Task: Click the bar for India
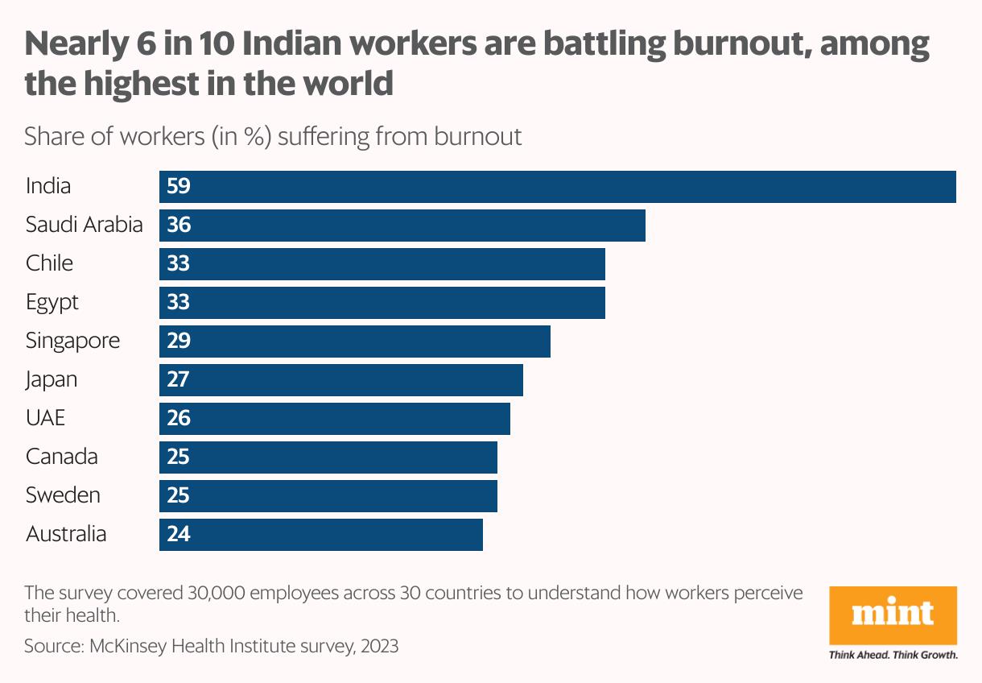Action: [557, 187]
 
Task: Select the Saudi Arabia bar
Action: [402, 226]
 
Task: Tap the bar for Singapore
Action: [355, 341]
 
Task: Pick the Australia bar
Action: [321, 534]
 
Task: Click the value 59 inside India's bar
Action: [178, 187]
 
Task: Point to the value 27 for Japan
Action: [178, 379]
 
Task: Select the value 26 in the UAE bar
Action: [178, 418]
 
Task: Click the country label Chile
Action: [49, 263]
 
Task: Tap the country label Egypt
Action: [52, 303]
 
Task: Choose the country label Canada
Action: [62, 457]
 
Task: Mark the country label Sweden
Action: [63, 495]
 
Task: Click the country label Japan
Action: [52, 379]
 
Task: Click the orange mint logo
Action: [893, 615]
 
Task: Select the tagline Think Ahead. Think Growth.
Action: [893, 655]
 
